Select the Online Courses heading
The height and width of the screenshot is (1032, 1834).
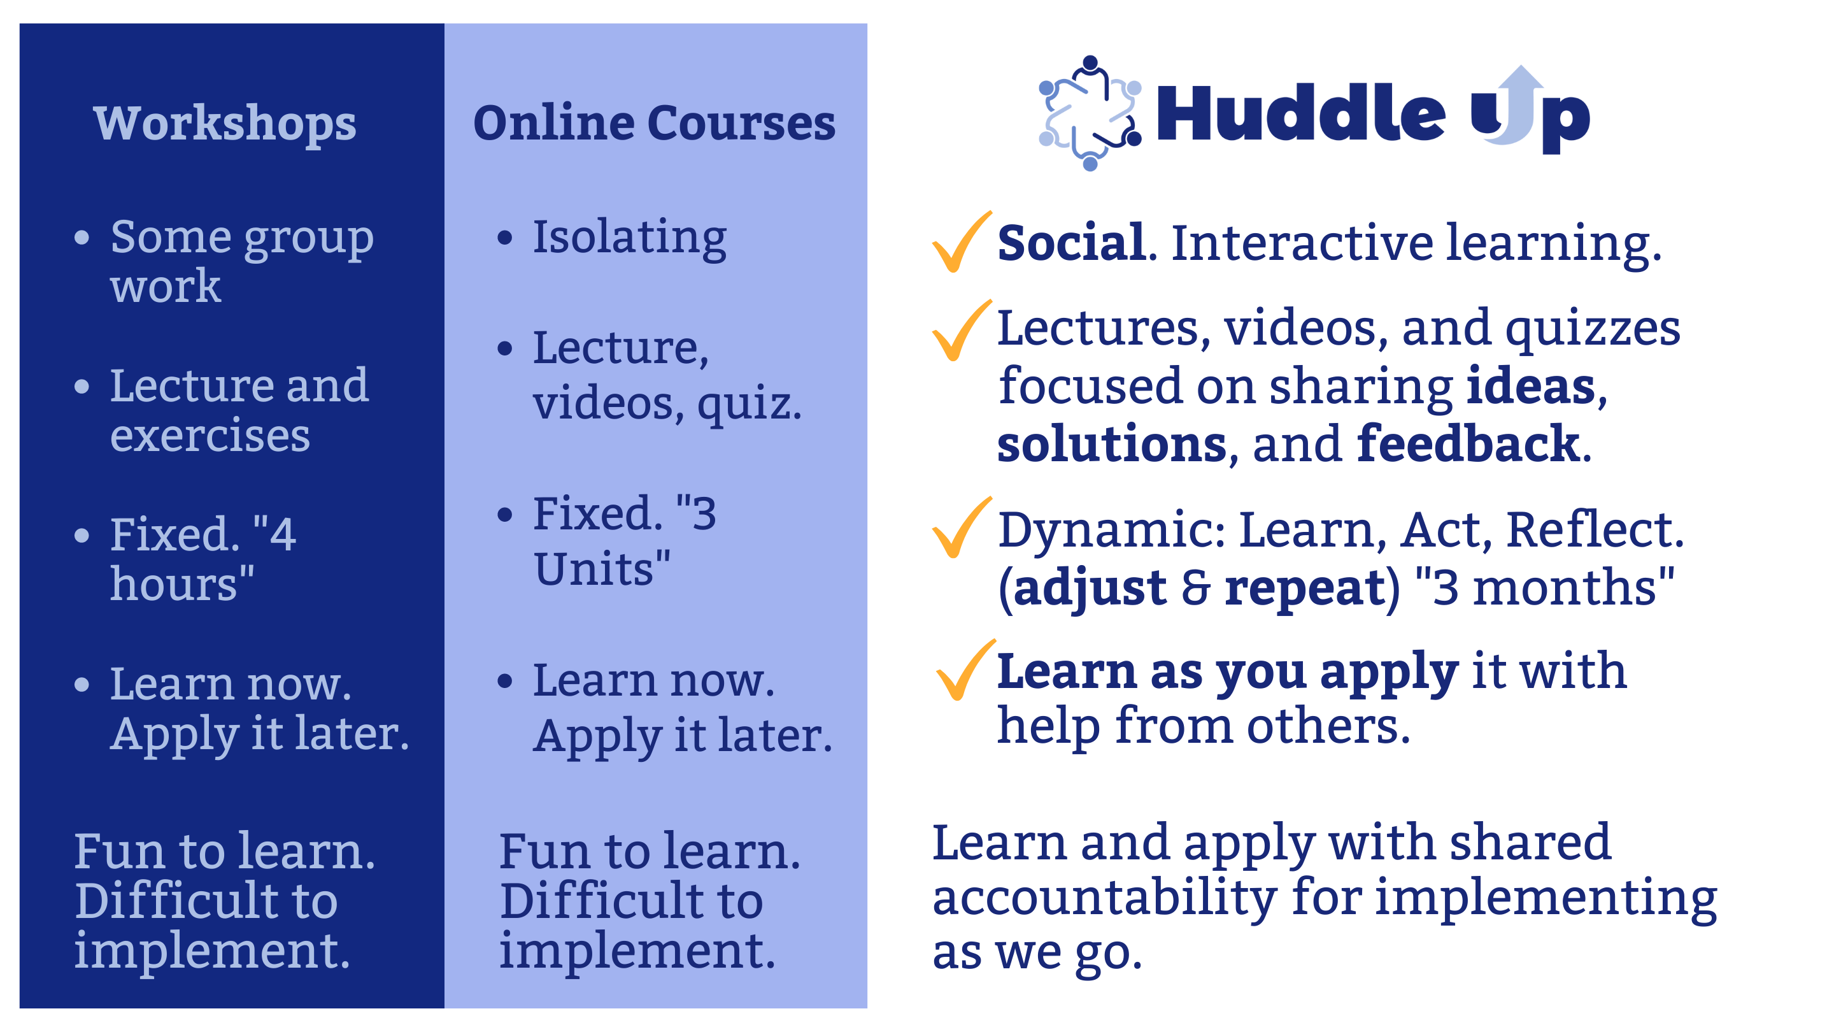click(x=654, y=122)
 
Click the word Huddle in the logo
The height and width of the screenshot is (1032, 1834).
click(x=1301, y=113)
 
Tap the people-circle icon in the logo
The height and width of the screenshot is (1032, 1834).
click(x=1090, y=113)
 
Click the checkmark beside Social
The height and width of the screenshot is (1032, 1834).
click(x=961, y=242)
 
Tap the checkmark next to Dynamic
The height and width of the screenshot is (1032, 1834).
click(x=961, y=527)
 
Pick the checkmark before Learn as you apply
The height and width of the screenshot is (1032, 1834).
click(x=965, y=670)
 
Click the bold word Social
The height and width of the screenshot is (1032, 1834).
click(x=1072, y=243)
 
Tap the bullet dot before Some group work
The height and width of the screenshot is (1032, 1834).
click(x=82, y=237)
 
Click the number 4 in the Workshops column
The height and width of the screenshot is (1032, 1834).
click(x=283, y=534)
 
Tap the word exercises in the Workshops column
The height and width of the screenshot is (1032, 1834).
click(x=210, y=436)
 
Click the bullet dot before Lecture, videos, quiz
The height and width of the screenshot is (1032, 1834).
click(x=505, y=348)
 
